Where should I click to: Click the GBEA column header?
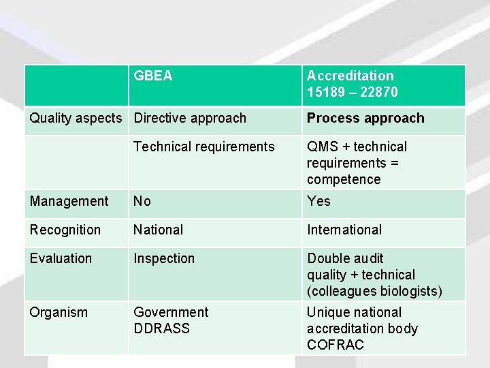(153, 76)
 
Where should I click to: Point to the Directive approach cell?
(190, 118)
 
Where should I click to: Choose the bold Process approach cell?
(365, 118)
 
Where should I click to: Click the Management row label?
(69, 201)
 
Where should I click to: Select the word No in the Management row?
(142, 201)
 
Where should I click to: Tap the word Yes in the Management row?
(318, 201)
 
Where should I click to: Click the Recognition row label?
(65, 230)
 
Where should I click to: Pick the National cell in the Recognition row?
(159, 230)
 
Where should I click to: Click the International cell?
(344, 230)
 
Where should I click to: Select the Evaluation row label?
(61, 258)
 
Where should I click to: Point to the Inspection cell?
(164, 258)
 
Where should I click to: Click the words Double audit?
(345, 258)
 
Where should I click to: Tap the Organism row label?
(59, 312)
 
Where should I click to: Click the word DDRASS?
(161, 328)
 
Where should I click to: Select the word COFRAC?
(336, 345)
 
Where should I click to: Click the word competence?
(344, 179)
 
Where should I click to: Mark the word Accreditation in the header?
(350, 76)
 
